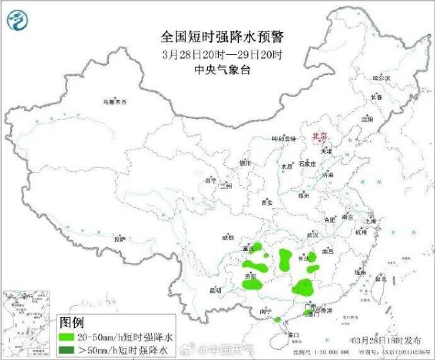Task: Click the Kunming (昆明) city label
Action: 215,290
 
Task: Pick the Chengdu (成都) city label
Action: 228,238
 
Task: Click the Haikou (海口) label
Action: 292,333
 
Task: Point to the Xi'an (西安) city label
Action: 268,201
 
